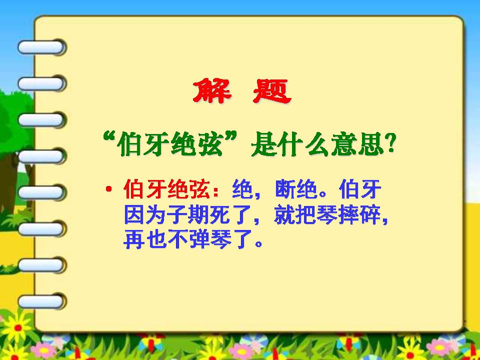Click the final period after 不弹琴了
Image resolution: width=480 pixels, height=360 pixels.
[258, 244]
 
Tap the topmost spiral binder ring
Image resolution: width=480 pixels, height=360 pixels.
[41, 47]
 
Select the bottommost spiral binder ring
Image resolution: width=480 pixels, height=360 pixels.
[41, 301]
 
